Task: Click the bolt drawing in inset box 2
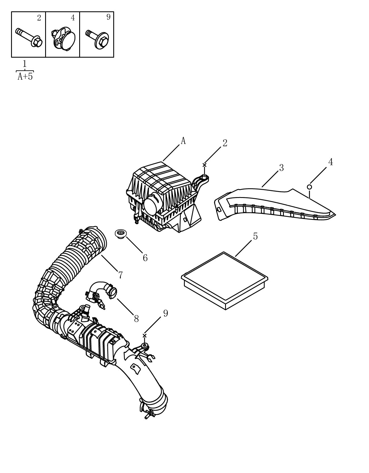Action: [x=29, y=38]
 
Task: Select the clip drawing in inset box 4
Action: [x=63, y=38]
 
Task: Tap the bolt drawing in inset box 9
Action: [x=97, y=39]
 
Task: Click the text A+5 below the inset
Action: [x=25, y=77]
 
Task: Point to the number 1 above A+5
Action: [x=24, y=64]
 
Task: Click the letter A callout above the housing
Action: [x=183, y=141]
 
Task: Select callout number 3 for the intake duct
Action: [x=281, y=168]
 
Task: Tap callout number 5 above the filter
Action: [x=255, y=236]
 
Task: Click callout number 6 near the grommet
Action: [x=145, y=258]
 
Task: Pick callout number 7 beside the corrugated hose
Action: [x=121, y=275]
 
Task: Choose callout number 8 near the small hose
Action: [x=136, y=319]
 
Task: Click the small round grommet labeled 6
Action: [x=121, y=234]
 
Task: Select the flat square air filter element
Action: [x=225, y=280]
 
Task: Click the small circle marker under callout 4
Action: [x=309, y=187]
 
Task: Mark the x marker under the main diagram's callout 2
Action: [x=204, y=165]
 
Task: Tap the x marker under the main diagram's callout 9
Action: [x=144, y=336]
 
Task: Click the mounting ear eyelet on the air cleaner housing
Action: [x=204, y=179]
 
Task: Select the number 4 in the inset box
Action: [x=73, y=18]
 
